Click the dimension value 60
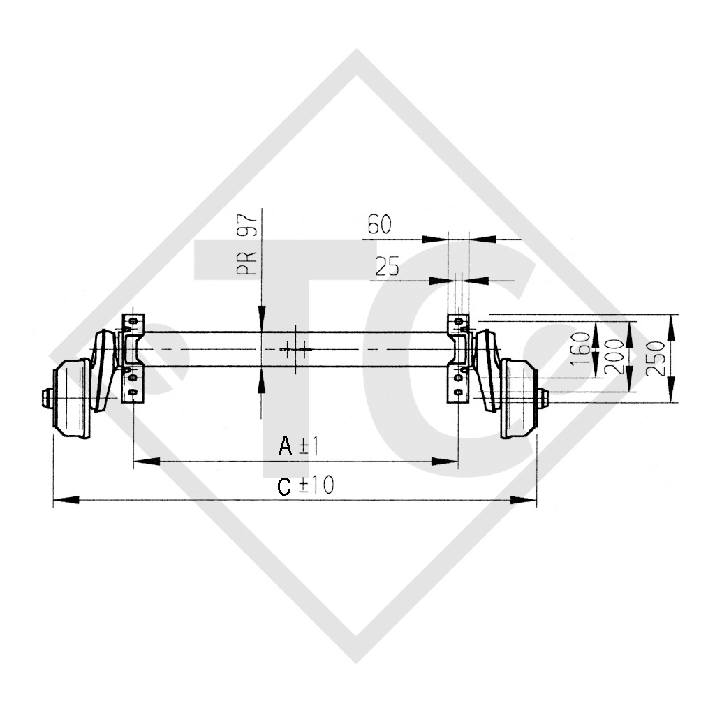coord(379,225)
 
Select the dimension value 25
coord(387,267)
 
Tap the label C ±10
coord(305,486)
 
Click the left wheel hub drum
coord(73,399)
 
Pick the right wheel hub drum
coord(518,399)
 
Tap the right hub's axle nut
coord(543,399)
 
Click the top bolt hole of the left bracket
coord(128,321)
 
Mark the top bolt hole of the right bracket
coord(458,321)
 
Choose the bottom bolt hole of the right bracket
coord(458,392)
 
